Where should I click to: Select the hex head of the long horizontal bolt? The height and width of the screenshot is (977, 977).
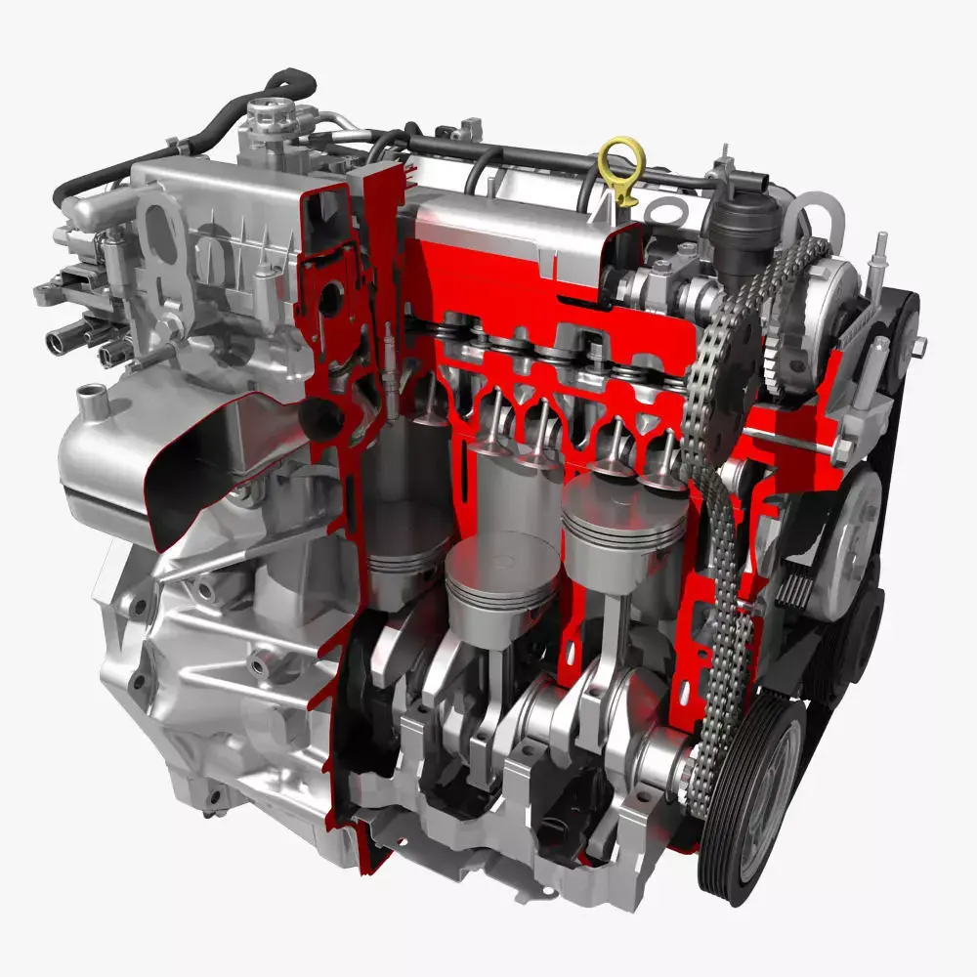[837, 448]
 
